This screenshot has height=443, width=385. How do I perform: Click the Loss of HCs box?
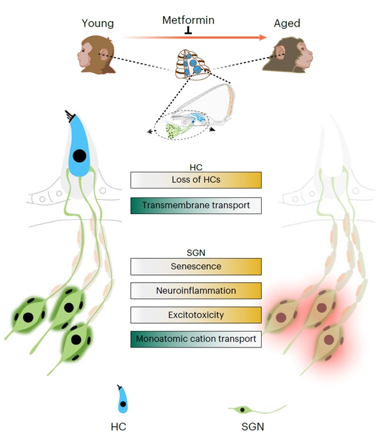click(196, 180)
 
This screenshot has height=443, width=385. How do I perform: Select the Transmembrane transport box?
click(196, 205)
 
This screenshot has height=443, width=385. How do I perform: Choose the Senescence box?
click(196, 266)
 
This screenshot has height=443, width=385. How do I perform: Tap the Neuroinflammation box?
click(196, 290)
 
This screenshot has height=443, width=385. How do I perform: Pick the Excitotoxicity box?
click(196, 315)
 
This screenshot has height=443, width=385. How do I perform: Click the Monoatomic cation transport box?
click(196, 339)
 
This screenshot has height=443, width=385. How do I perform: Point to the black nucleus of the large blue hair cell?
click(80, 156)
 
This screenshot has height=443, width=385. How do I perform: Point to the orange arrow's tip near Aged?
click(264, 38)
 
